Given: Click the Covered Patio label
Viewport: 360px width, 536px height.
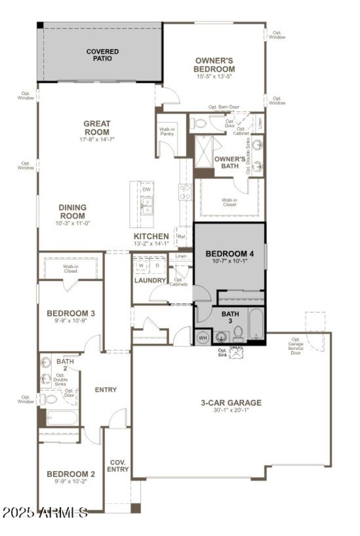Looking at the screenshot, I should click(x=103, y=55).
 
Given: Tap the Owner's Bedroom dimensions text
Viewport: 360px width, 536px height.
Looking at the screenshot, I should click(x=214, y=76).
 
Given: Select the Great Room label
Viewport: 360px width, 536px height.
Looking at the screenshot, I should click(x=97, y=128).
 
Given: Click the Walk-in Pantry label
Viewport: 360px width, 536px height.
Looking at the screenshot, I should click(x=167, y=131).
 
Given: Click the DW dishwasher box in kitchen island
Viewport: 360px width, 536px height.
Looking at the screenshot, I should click(x=146, y=190).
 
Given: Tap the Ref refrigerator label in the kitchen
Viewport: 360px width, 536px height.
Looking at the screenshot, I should click(x=181, y=237).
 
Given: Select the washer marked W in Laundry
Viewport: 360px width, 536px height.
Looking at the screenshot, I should click(x=141, y=265).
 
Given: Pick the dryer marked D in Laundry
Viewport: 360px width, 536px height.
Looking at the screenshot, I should click(x=157, y=265).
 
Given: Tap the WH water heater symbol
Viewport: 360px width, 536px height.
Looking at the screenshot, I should click(x=202, y=337).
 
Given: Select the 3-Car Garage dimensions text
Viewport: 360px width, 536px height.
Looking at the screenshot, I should click(x=231, y=410).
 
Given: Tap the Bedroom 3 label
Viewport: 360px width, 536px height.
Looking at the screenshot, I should click(x=71, y=313).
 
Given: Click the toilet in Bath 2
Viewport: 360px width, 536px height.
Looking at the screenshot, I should click(x=49, y=398).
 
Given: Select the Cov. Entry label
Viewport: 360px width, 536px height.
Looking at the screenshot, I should click(x=117, y=465).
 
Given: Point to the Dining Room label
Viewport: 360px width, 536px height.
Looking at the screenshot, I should click(x=72, y=211).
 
